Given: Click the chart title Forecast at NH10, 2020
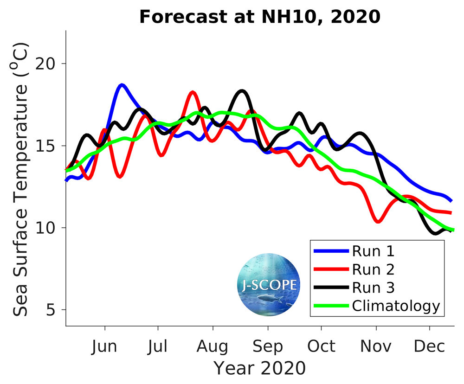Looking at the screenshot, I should tap(259, 17).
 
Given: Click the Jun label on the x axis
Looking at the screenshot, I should tap(105, 346).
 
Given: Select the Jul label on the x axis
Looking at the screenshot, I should tap(158, 346).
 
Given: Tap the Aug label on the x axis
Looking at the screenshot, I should tap(213, 346).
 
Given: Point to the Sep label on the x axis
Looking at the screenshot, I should tap(268, 346).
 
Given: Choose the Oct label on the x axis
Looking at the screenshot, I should tap(321, 346).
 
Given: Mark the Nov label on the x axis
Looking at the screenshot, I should tap(376, 346).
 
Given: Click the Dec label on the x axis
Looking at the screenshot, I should tap(430, 346).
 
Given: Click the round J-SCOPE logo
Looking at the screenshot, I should tap(269, 285).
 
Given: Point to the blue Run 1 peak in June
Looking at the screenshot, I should tap(122, 85).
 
